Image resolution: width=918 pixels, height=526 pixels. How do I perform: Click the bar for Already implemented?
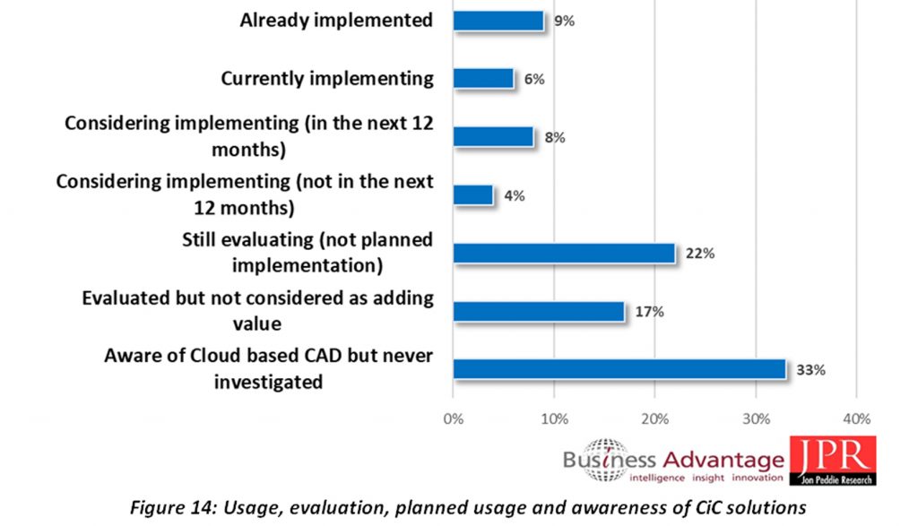(498, 21)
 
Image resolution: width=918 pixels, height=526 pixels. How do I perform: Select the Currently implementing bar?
(483, 79)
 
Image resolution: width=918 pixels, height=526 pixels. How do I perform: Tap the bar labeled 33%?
(619, 368)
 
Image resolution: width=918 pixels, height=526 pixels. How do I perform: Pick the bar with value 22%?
(564, 253)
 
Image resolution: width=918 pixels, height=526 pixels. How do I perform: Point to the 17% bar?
(539, 311)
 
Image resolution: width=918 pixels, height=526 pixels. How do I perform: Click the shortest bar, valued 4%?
(473, 194)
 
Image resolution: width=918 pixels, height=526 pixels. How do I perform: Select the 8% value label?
(554, 138)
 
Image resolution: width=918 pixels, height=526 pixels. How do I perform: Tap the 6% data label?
(534, 80)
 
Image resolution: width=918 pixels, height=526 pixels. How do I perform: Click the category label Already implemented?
(336, 21)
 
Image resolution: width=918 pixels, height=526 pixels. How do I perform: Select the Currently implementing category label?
(327, 79)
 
